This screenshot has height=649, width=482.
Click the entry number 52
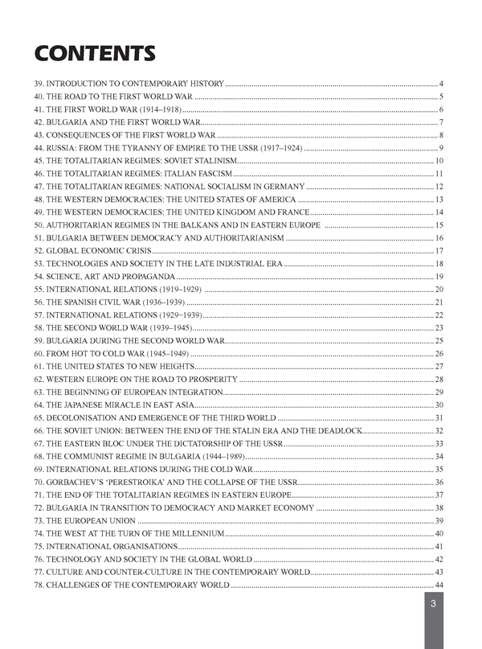point(39,251)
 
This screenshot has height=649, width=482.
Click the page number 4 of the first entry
point(442,84)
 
